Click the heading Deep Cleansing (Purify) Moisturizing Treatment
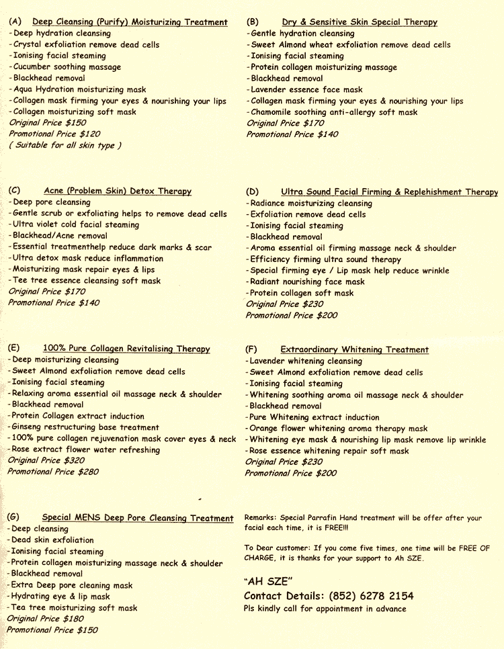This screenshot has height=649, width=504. tap(130, 22)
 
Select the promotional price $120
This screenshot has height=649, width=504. tap(54, 134)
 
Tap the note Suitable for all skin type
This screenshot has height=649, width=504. tap(65, 145)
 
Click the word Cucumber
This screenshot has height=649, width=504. tap(34, 67)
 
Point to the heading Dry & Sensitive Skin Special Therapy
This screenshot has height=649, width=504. tap(360, 22)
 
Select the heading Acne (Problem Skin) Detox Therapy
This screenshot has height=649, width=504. tap(118, 191)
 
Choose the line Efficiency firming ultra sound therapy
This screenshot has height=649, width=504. tap(325, 259)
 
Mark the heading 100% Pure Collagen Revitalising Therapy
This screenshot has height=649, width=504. tap(126, 349)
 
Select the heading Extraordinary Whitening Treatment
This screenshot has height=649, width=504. tap(354, 350)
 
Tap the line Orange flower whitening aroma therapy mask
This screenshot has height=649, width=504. tap(338, 429)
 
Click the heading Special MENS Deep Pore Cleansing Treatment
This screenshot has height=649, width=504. tap(137, 518)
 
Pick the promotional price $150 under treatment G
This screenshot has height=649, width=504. tap(52, 630)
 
